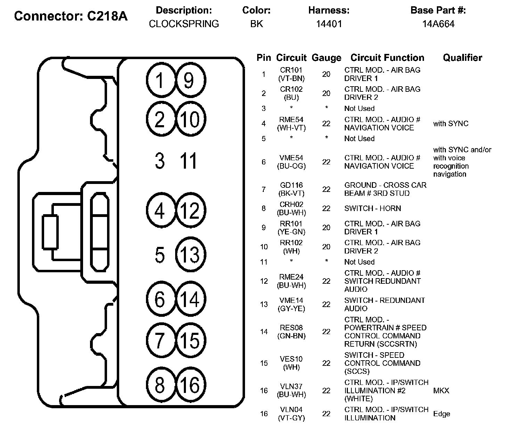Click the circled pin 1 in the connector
(x=160, y=81)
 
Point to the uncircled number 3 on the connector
(x=160, y=161)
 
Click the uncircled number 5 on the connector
(x=160, y=255)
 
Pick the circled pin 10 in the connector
(x=190, y=119)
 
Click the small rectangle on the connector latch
(x=50, y=232)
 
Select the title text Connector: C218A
(x=71, y=16)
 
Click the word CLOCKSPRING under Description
(x=184, y=24)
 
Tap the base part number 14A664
(x=438, y=24)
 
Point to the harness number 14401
(x=329, y=24)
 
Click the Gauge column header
(x=326, y=58)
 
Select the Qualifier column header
(x=462, y=58)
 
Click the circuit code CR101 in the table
(x=291, y=70)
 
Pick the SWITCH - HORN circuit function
(x=373, y=208)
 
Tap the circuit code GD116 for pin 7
(x=291, y=185)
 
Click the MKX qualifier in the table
(x=441, y=390)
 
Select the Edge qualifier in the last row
(x=441, y=414)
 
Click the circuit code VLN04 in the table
(x=291, y=410)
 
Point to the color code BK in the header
(x=256, y=24)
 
